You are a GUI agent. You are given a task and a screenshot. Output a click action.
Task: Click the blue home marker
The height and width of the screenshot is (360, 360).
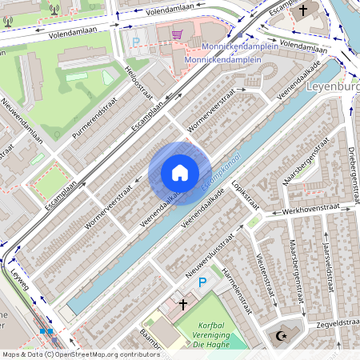[180, 173]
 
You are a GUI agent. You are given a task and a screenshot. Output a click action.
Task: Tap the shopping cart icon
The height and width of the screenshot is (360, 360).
[176, 35]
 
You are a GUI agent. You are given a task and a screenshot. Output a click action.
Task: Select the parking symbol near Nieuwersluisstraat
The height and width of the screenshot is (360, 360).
[202, 282]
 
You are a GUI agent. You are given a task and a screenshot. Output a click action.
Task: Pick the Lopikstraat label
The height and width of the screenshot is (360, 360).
[239, 197]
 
